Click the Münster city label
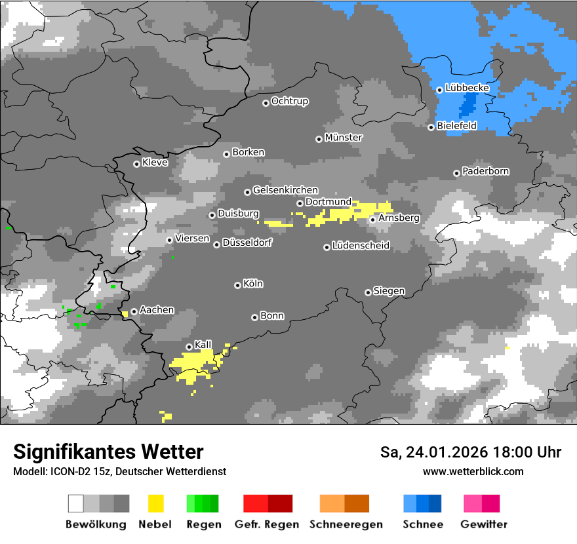pos(344,138)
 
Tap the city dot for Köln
pos(237,285)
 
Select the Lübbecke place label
pos(467,88)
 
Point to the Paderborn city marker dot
pos(456,173)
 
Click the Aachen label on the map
pos(157,310)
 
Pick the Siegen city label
pos(389,291)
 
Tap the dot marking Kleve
pos(136,164)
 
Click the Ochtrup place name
pos(289,102)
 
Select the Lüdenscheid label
pos(361,246)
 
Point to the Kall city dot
pos(189,347)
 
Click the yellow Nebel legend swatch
pos(155,503)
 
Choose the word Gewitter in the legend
pos(484,524)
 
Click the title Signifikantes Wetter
pos(108,452)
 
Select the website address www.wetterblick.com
pos(473,471)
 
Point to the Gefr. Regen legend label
pos(267,524)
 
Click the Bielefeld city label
pos(457,126)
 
